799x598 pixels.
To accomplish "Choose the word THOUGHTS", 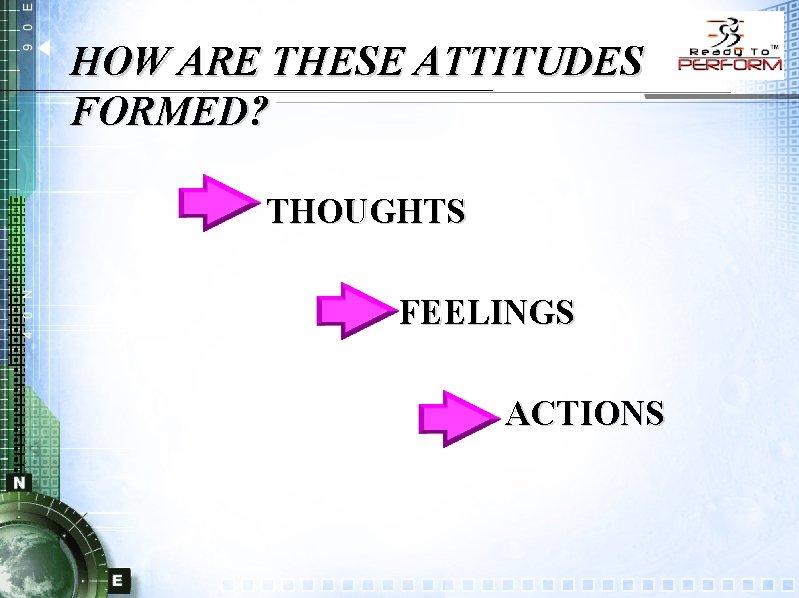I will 367,211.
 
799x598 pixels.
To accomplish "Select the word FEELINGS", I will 487,312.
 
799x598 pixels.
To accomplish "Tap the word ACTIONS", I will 585,412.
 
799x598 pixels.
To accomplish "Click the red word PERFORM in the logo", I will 730,64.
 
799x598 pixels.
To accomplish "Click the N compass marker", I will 20,482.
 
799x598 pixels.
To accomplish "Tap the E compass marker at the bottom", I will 118,579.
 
